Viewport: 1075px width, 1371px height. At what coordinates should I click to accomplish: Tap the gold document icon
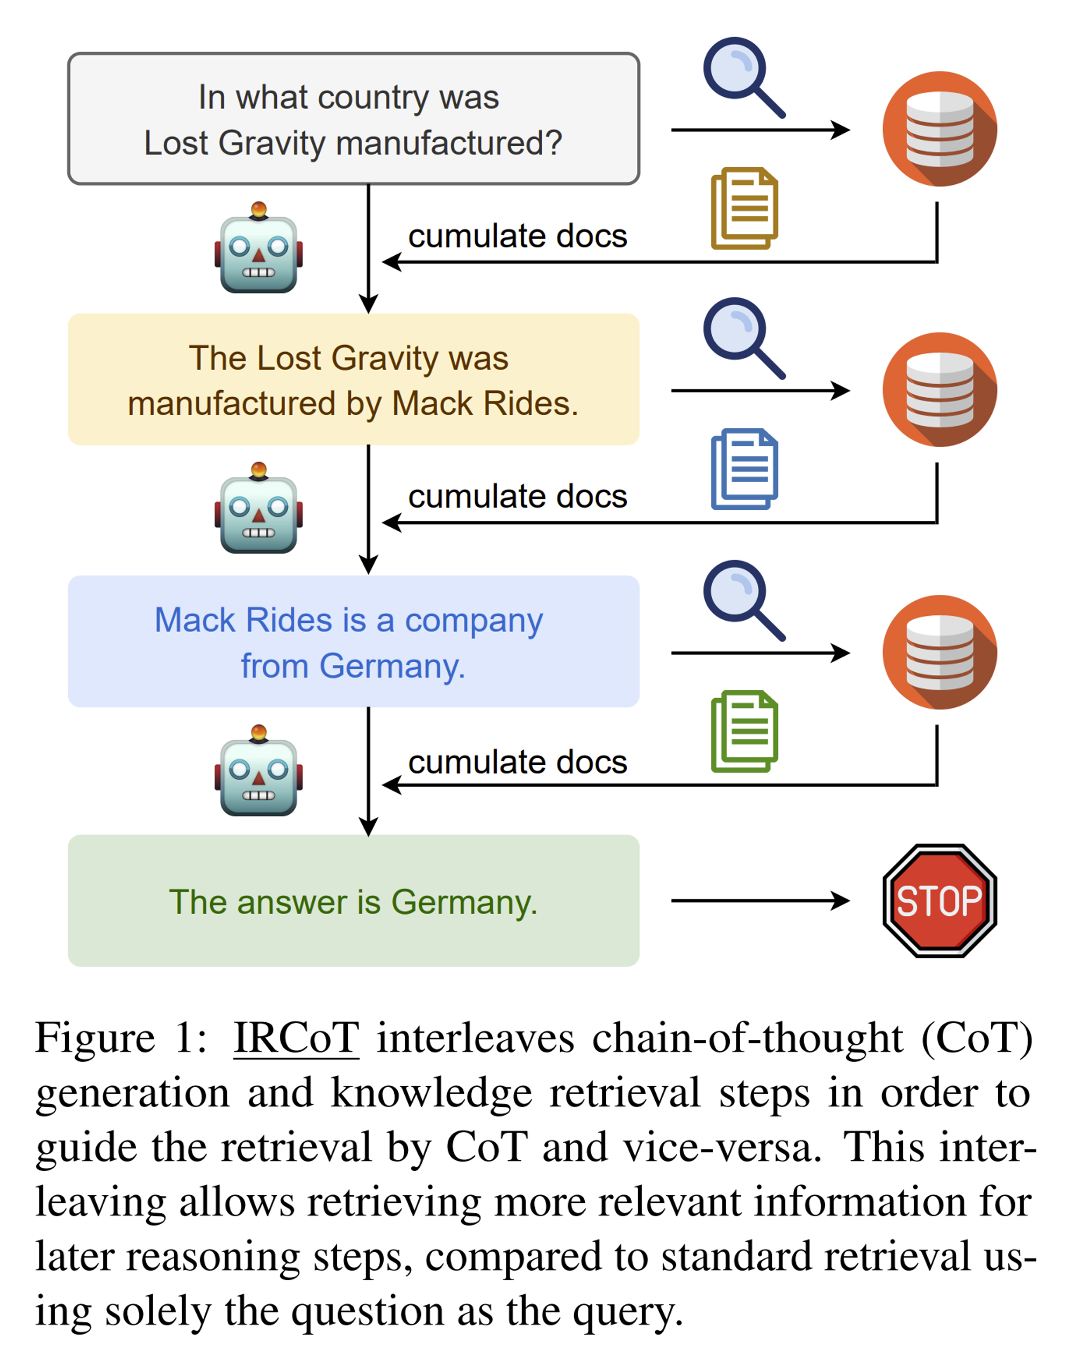pyautogui.click(x=744, y=209)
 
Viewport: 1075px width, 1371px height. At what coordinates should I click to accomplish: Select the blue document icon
pyautogui.click(x=744, y=469)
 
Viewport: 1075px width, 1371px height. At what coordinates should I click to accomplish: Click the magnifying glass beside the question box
pyautogui.click(x=744, y=78)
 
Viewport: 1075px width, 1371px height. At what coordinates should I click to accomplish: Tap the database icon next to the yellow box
pyautogui.click(x=940, y=390)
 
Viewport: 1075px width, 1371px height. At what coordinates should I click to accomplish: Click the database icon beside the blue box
pyautogui.click(x=940, y=652)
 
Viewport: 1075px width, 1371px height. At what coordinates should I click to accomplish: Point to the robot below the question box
pyautogui.click(x=259, y=247)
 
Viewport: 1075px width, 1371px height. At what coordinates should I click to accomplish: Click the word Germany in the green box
pyautogui.click(x=464, y=903)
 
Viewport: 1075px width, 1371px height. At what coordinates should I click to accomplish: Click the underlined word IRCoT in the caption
pyautogui.click(x=297, y=1038)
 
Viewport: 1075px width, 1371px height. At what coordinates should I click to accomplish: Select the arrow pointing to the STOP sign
pyautogui.click(x=761, y=900)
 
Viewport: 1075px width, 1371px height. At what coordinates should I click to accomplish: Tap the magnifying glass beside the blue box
pyautogui.click(x=744, y=601)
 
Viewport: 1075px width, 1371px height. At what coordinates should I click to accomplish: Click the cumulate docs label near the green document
pyautogui.click(x=518, y=762)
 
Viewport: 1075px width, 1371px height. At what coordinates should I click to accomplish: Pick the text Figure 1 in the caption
pyautogui.click(x=120, y=1038)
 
